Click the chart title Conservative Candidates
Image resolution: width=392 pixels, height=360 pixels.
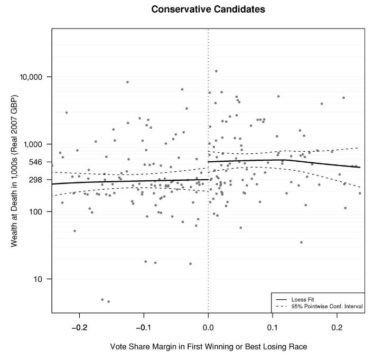[x=208, y=9]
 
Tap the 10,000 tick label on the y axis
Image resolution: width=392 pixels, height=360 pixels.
[x=34, y=77]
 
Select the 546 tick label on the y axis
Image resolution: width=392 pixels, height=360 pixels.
[x=40, y=162]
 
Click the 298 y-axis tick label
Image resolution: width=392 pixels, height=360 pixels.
[x=40, y=180]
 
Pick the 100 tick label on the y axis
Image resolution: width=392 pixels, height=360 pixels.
[x=40, y=211]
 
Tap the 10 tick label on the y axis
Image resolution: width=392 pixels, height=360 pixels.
[x=42, y=279]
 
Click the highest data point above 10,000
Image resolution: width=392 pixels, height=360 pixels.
[x=216, y=71]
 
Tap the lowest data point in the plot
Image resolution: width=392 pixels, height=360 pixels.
[x=108, y=301]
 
